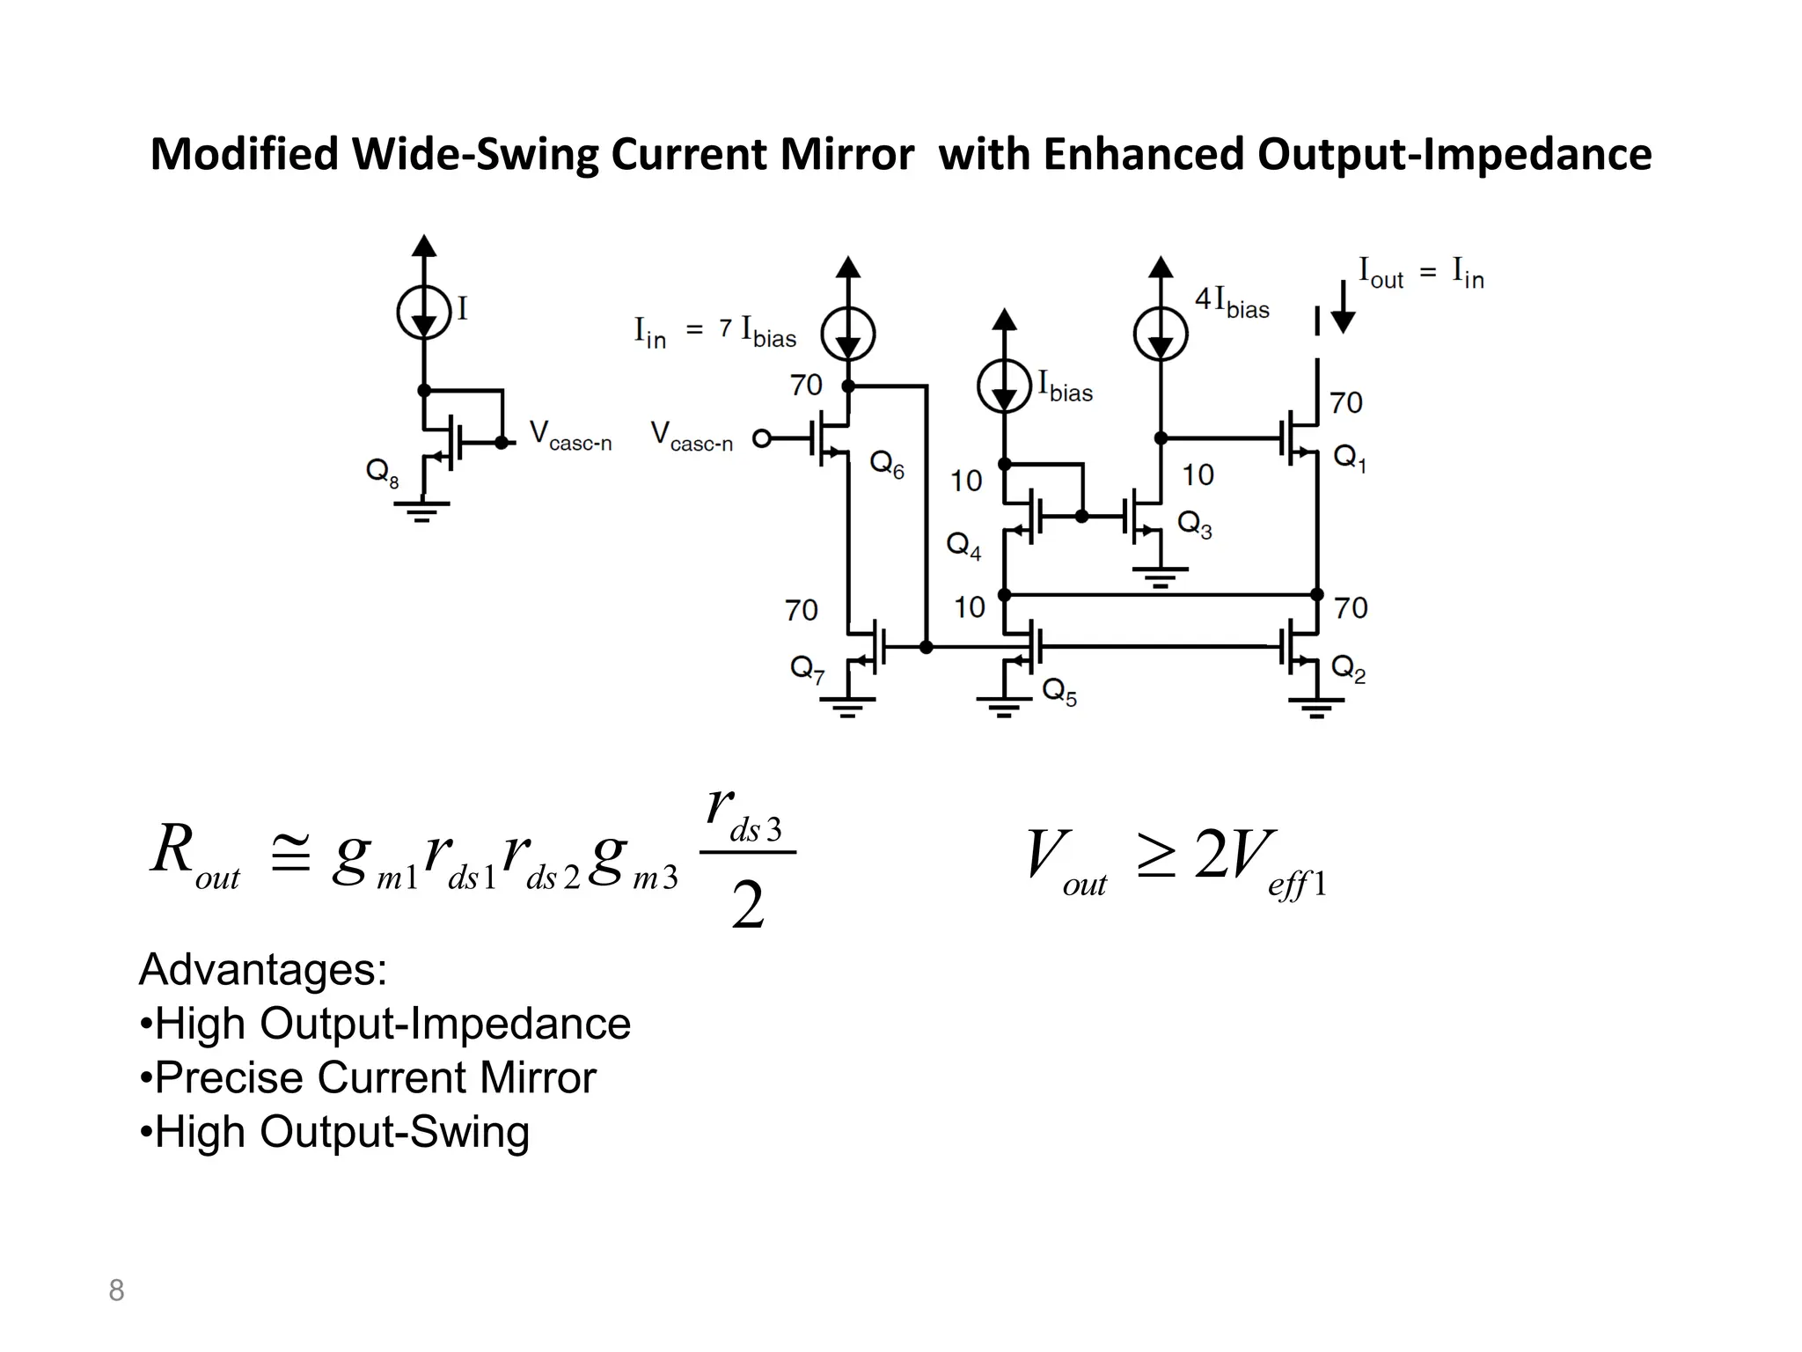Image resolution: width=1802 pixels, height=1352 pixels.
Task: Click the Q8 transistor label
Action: pyautogui.click(x=382, y=473)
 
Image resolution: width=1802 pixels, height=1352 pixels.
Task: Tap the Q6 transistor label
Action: pyautogui.click(x=886, y=465)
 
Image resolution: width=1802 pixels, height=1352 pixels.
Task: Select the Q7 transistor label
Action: pyautogui.click(x=807, y=670)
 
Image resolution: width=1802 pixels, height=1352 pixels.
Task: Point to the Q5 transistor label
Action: pyautogui.click(x=1059, y=691)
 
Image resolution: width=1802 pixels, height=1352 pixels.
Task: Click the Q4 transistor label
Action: pyautogui.click(x=963, y=546)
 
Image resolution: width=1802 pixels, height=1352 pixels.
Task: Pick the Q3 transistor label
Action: pyautogui.click(x=1194, y=525)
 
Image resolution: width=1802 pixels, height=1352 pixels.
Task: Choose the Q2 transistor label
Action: pyautogui.click(x=1348, y=669)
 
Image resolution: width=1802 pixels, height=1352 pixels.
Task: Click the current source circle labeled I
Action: pyautogui.click(x=423, y=312)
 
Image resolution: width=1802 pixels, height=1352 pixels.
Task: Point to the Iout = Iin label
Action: pyautogui.click(x=1420, y=273)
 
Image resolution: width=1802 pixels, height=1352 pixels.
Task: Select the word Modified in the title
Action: pyautogui.click(x=244, y=155)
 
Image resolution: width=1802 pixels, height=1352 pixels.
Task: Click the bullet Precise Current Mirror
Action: pyautogui.click(x=368, y=1078)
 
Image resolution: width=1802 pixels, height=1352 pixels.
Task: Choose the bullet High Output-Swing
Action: pyautogui.click(x=334, y=1133)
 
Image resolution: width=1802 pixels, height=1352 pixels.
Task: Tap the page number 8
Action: pyautogui.click(x=116, y=1290)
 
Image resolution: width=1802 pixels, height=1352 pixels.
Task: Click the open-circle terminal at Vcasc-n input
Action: pyautogui.click(x=762, y=437)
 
